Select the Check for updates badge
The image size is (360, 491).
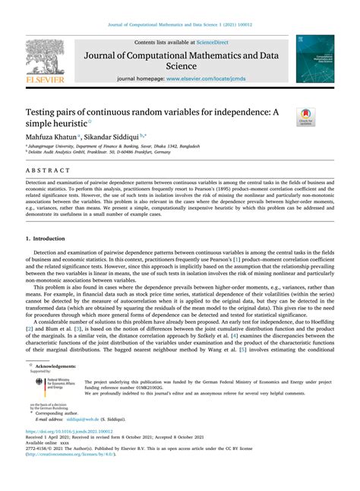click(x=306, y=116)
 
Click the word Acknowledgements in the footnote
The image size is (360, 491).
click(x=60, y=366)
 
